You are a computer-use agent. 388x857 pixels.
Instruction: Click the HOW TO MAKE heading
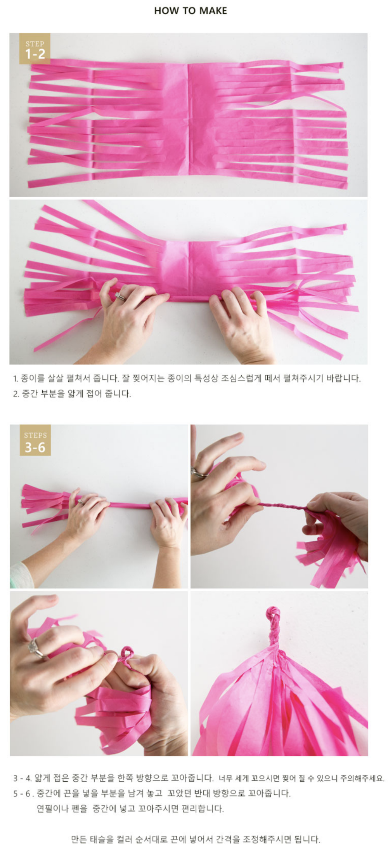point(191,11)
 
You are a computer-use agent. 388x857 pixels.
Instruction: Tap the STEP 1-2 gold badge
point(35,49)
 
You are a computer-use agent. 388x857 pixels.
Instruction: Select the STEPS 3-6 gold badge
point(35,440)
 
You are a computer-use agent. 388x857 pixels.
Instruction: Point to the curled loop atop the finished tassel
point(273,613)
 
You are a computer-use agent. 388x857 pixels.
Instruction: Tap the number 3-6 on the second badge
point(35,447)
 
